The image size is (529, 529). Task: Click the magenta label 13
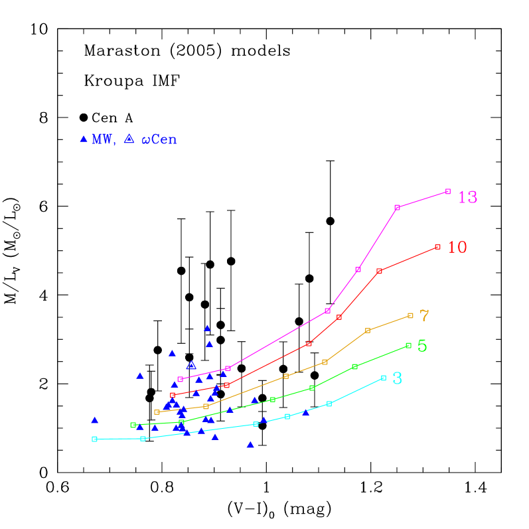pos(467,197)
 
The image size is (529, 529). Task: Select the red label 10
pos(457,247)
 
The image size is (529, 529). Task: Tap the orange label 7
pos(424,316)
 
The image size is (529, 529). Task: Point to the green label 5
pos(422,346)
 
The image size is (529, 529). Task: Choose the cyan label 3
pos(397,378)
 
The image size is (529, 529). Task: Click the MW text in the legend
pos(104,139)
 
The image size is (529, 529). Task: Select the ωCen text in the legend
pos(159,140)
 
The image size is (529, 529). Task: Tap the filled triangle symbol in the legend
pos(84,139)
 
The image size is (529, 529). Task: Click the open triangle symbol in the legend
pos(129,139)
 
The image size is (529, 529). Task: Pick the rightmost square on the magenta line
pos(448,191)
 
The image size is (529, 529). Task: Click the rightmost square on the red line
pos(437,246)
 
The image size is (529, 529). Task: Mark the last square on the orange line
pos(410,315)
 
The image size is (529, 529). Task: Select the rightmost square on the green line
pos(408,345)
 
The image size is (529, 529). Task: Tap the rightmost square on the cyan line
pos(384,378)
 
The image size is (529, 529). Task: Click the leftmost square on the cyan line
pos(94,439)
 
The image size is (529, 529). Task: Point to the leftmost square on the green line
pos(133,425)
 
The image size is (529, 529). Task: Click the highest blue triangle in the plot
pos(207,328)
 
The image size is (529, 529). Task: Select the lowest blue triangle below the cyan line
pos(250,445)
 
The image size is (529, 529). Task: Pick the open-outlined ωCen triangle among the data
pos(191,365)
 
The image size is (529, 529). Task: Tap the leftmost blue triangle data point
pos(94,420)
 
